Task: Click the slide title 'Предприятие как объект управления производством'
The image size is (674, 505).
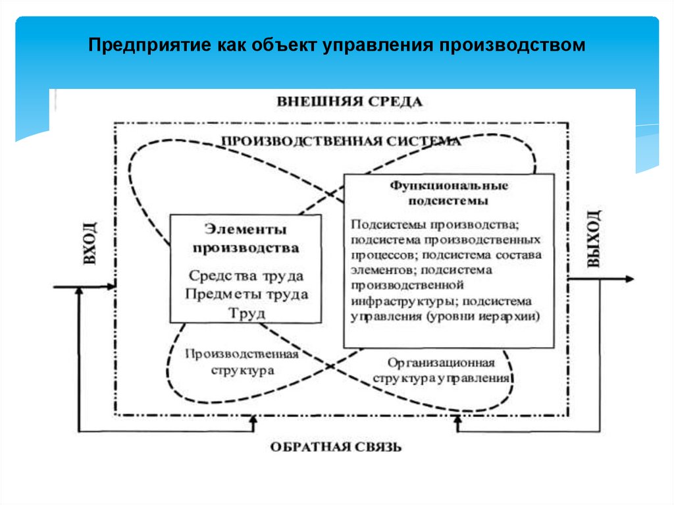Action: pyautogui.click(x=336, y=47)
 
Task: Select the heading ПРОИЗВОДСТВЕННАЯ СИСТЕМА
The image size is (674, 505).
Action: pyautogui.click(x=340, y=141)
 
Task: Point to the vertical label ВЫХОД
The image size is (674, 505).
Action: pyautogui.click(x=594, y=238)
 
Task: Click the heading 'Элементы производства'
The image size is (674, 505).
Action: pyautogui.click(x=246, y=239)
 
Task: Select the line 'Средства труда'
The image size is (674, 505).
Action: pyautogui.click(x=246, y=275)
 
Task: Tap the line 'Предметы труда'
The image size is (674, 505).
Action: pyautogui.click(x=246, y=294)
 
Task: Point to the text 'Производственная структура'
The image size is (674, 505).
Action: pyautogui.click(x=242, y=362)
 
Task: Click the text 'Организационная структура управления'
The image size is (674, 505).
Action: pyautogui.click(x=441, y=371)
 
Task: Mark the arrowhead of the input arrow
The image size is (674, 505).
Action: pyautogui.click(x=111, y=286)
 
